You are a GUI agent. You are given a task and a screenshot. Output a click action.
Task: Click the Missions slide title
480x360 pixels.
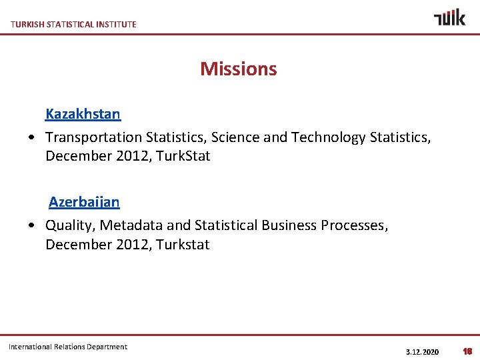click(238, 69)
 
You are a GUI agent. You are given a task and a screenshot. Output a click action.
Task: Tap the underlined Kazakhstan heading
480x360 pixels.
click(83, 114)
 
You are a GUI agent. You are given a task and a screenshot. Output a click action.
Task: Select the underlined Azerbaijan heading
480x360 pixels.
click(84, 202)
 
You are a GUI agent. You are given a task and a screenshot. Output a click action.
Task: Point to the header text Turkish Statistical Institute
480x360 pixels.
click(73, 25)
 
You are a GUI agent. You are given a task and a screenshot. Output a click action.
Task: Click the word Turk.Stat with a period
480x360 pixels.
click(183, 156)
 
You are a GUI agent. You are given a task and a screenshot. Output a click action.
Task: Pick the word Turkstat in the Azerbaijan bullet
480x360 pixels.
click(183, 245)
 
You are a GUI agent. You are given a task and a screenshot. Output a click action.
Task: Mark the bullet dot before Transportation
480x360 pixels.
click(33, 138)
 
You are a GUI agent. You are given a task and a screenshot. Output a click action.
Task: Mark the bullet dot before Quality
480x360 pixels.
click(33, 226)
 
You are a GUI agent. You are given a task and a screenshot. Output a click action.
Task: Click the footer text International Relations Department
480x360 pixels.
click(68, 347)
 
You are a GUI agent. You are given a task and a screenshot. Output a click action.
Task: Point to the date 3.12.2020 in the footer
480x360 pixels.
click(422, 351)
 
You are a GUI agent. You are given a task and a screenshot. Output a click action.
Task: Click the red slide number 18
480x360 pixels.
click(467, 351)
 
